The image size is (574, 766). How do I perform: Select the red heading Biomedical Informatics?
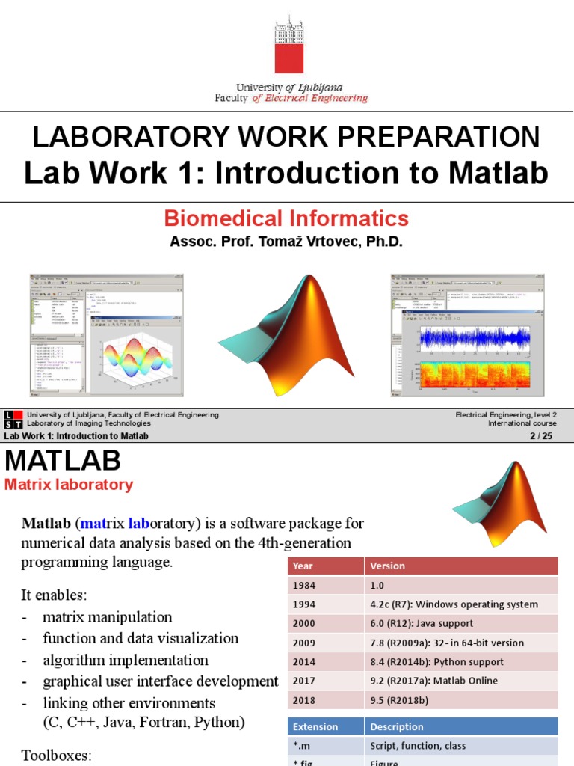pos(286,218)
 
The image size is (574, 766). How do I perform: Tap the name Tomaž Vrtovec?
pos(305,242)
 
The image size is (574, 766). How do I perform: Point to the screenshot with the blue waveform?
pos(467,334)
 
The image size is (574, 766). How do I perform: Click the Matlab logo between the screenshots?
pos(283,335)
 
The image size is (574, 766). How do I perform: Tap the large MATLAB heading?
pos(63,460)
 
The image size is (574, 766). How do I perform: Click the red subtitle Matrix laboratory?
pos(69,485)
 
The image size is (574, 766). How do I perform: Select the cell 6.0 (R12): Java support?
pos(422,623)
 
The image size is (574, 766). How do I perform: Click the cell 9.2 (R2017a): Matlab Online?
pos(433,681)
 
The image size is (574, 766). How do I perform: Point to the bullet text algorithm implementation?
pos(126,660)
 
